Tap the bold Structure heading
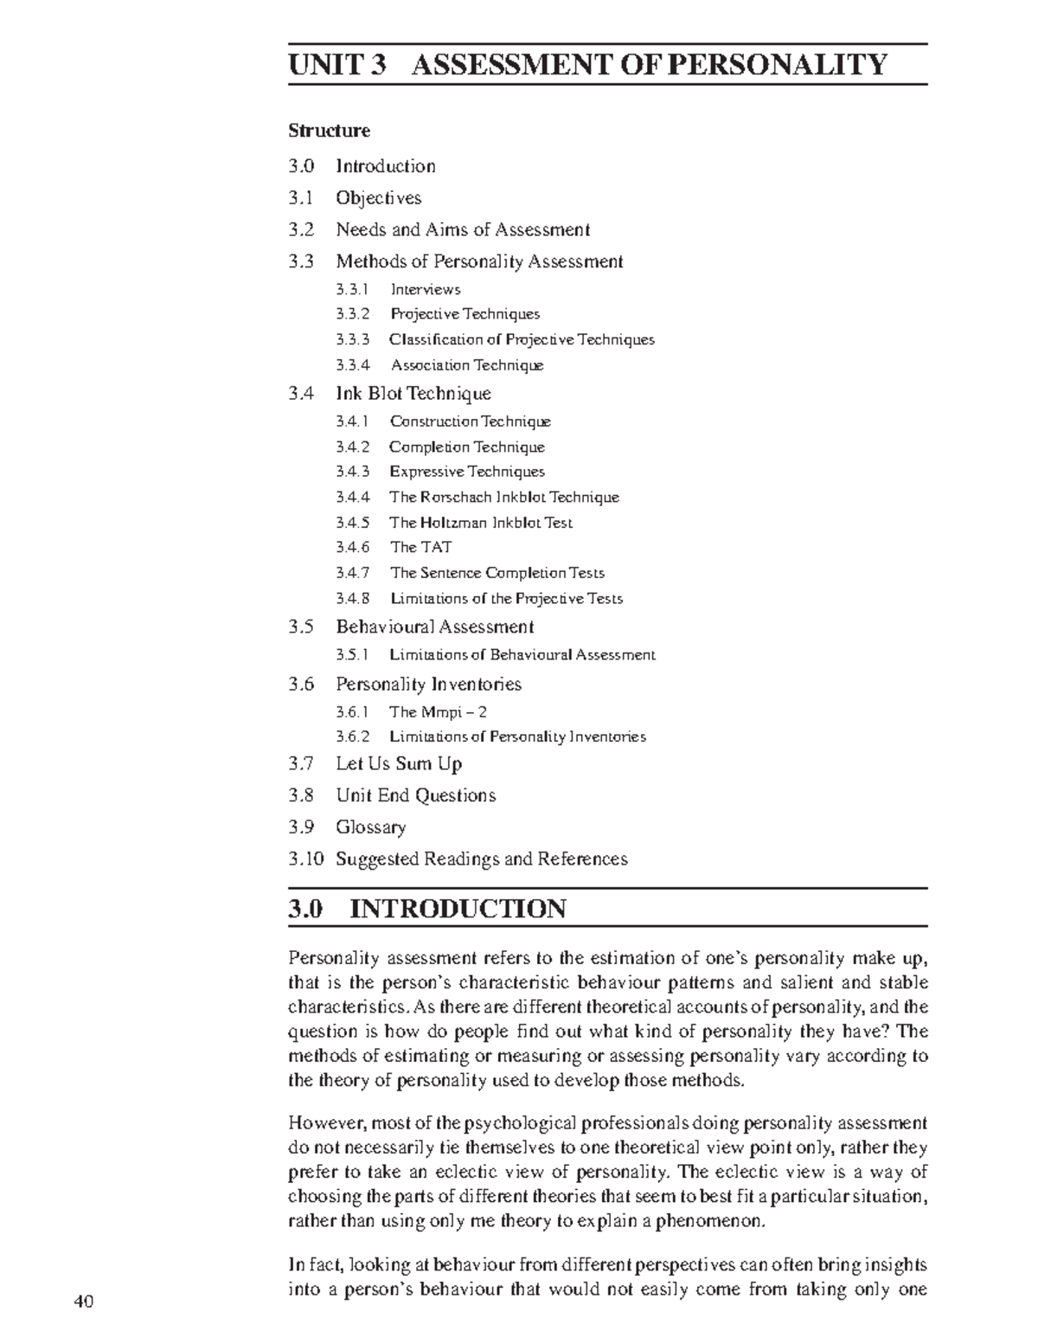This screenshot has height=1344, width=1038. point(329,131)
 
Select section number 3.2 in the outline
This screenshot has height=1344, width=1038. point(301,229)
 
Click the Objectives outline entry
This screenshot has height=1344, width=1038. point(379,197)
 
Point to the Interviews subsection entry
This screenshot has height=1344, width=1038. point(426,289)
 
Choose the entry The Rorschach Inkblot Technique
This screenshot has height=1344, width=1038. point(504,497)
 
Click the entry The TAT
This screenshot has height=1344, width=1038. point(420,547)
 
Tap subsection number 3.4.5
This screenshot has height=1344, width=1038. point(352,522)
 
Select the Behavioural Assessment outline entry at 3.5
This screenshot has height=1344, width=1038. point(435,627)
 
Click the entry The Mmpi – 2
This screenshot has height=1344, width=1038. point(438,712)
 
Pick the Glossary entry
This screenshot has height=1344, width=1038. point(371,826)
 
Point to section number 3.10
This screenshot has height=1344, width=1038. point(306,858)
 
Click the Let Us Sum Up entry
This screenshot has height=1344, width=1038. point(399,763)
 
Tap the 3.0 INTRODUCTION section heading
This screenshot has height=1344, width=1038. point(427,909)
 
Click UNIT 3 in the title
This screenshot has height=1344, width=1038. point(337,64)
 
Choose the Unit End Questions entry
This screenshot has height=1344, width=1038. point(416,795)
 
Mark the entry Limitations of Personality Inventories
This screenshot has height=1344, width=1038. point(517,736)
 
